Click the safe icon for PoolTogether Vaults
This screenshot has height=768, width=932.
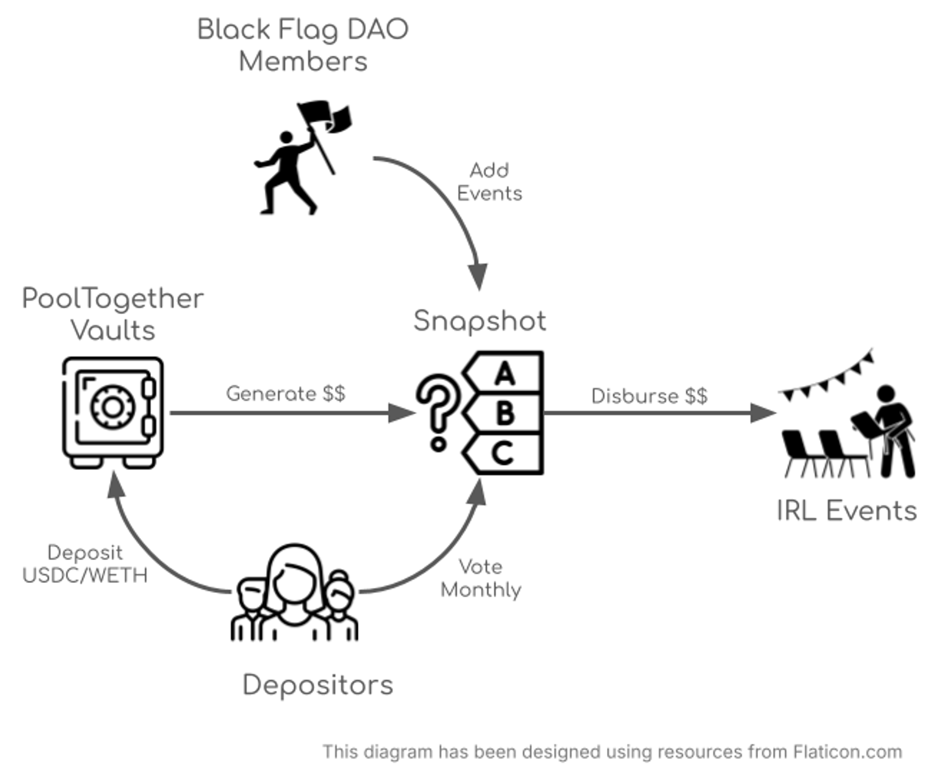[112, 412]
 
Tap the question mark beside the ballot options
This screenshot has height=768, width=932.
[438, 412]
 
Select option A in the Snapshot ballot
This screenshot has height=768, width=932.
[505, 374]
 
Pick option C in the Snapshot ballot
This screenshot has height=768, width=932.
[503, 453]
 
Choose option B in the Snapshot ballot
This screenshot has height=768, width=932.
[505, 413]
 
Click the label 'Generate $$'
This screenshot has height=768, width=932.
[285, 394]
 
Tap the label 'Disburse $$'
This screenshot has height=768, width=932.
[649, 396]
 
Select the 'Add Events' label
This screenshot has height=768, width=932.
[489, 182]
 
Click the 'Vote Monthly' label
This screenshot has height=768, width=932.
[481, 578]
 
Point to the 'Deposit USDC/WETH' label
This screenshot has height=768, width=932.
[85, 564]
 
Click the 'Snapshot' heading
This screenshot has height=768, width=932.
[480, 321]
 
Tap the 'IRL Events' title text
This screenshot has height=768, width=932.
[846, 511]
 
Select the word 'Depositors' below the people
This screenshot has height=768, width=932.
[318, 685]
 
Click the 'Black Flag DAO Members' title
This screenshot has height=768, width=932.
[303, 45]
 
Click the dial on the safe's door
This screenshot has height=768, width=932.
[112, 407]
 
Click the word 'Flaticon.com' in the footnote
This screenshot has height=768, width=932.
[847, 752]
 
